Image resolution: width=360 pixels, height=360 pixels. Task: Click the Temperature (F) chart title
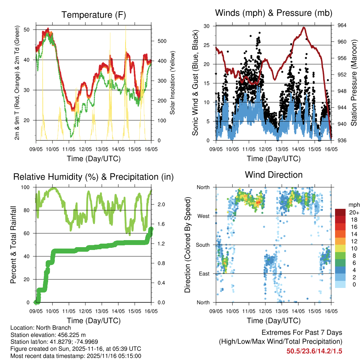[94, 15]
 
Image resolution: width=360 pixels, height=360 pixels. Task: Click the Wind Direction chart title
[274, 175]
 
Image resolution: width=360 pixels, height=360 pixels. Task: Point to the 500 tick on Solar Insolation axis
[161, 41]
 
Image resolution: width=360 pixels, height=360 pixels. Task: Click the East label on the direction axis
[204, 274]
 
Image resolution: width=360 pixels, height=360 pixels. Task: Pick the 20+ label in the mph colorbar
[353, 212]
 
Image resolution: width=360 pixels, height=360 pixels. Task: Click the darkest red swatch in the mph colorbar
[340, 212]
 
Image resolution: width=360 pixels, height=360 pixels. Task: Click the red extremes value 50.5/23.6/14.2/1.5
[314, 351]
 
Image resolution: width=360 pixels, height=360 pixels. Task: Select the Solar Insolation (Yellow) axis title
[173, 83]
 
